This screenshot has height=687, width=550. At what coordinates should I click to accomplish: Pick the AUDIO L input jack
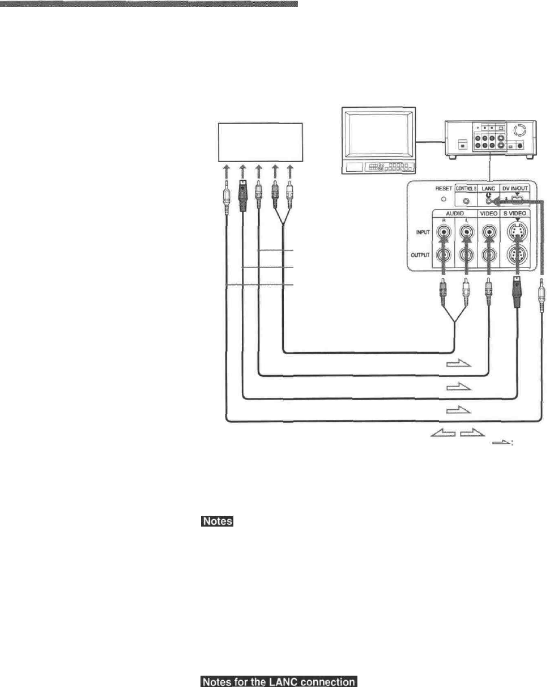coord(466,232)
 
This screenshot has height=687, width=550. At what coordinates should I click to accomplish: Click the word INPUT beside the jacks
coord(417,232)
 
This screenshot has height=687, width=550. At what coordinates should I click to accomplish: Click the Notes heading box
coord(217,521)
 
